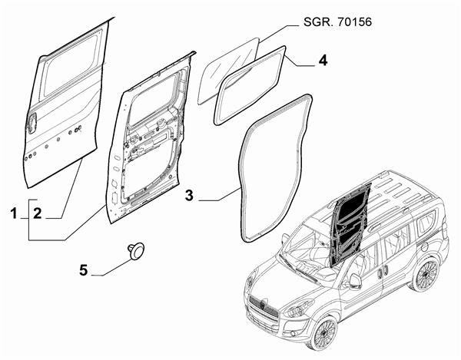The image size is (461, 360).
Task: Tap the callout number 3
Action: (189, 197)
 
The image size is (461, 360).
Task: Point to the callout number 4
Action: (323, 61)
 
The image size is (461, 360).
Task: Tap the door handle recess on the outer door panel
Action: (32, 121)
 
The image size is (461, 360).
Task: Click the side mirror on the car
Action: (354, 281)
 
